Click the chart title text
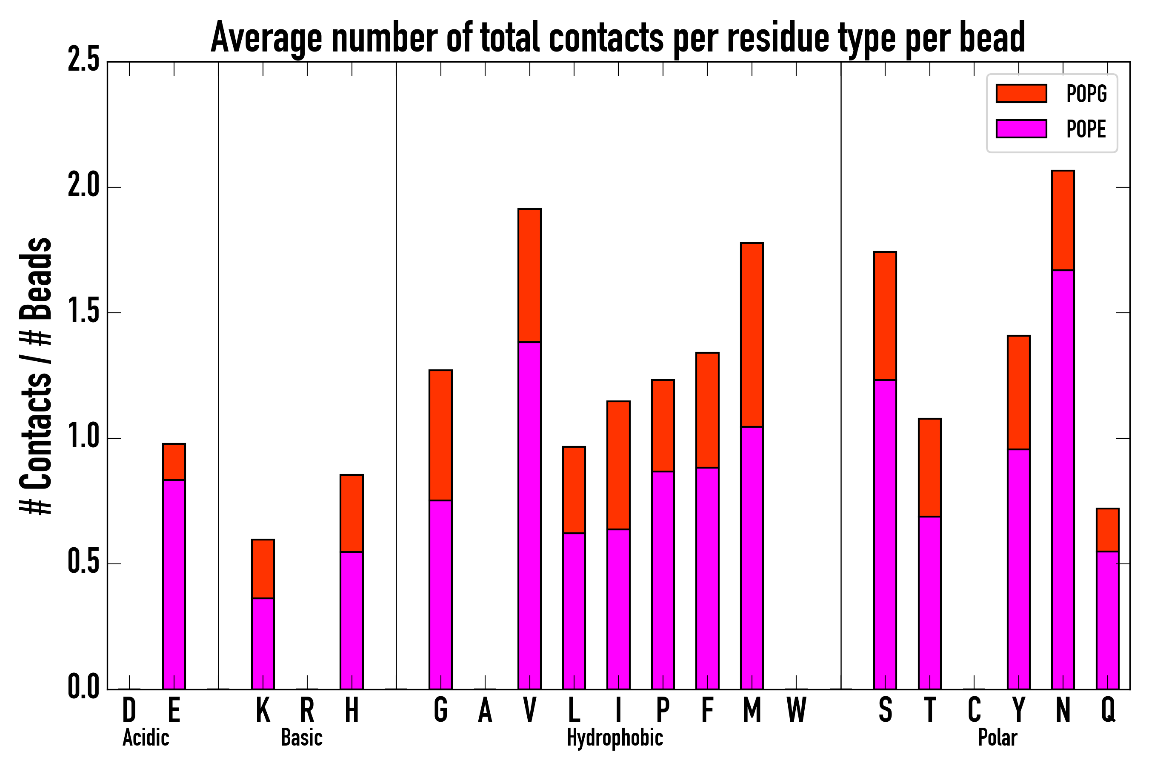click(617, 38)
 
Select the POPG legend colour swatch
click(1021, 93)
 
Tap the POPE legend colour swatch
click(1021, 129)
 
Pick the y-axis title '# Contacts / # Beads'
click(37, 376)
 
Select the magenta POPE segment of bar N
click(1063, 479)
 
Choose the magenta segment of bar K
click(263, 643)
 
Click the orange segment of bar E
click(174, 462)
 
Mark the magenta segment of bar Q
click(1107, 620)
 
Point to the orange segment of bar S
click(885, 316)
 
